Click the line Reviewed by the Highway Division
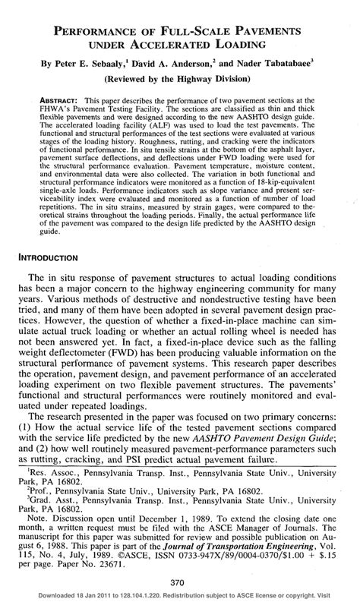[180, 78]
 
